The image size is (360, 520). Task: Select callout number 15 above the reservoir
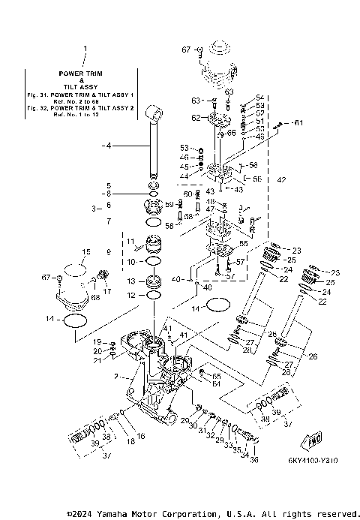(85, 251)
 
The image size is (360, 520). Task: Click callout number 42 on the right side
(281, 180)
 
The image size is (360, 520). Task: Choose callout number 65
(217, 375)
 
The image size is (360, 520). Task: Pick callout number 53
(184, 148)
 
